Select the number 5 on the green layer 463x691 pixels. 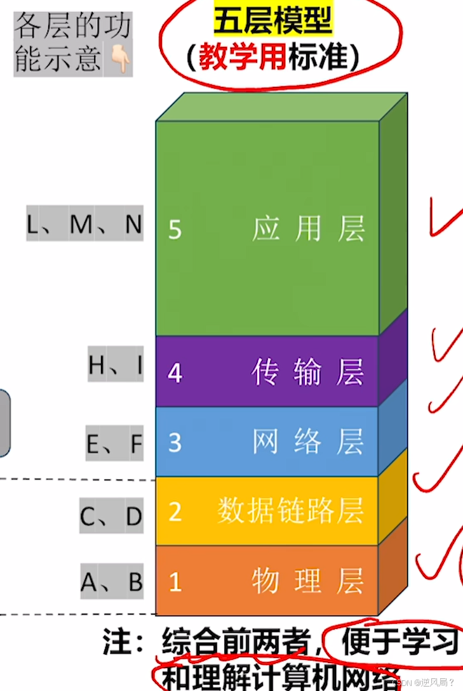click(x=175, y=229)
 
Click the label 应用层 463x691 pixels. click(x=308, y=229)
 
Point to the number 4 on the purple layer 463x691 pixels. click(x=175, y=372)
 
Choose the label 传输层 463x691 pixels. click(x=308, y=372)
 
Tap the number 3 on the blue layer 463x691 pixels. click(x=175, y=442)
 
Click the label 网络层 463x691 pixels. click(x=308, y=442)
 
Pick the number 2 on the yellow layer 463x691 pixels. click(x=175, y=511)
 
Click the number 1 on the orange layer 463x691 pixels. click(x=175, y=581)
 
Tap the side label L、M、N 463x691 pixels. click(x=84, y=225)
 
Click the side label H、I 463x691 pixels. click(x=116, y=365)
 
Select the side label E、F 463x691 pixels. click(x=114, y=444)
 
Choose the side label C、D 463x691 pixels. click(x=111, y=517)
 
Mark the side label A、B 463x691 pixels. click(x=112, y=582)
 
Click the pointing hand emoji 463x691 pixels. click(x=120, y=59)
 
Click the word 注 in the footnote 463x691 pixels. click(x=116, y=643)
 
